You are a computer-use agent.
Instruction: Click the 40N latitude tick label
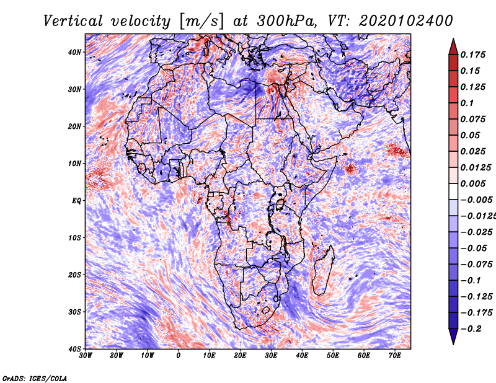[74, 52]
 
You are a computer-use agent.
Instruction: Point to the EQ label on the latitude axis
[76, 201]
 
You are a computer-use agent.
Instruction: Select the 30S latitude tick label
[74, 312]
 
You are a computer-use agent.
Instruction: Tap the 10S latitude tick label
[74, 237]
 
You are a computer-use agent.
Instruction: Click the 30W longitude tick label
[86, 356]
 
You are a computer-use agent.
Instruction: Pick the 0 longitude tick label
[179, 356]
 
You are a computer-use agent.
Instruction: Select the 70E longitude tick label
[394, 356]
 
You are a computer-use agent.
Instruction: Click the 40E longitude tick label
[302, 356]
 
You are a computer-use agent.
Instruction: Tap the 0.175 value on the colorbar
[472, 55]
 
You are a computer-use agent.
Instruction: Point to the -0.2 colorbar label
[471, 329]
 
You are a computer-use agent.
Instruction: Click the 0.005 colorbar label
[472, 183]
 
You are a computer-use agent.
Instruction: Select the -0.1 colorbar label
[471, 281]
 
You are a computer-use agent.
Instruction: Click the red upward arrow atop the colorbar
[453, 46]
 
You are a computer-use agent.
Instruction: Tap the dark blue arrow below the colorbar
[453, 336]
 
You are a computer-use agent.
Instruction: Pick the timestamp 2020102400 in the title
[405, 21]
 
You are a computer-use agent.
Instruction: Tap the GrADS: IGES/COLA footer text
[35, 379]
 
